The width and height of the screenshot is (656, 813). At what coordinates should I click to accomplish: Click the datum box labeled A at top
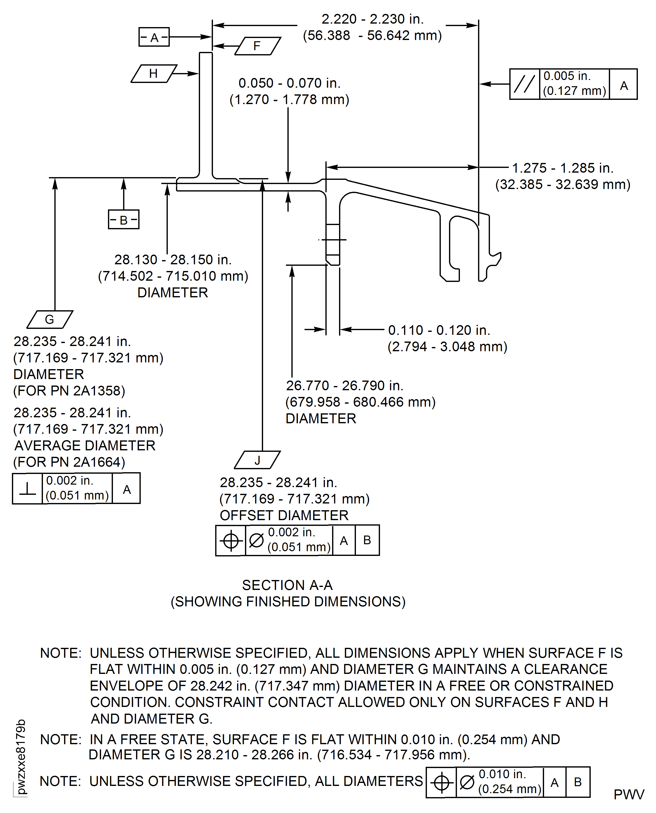point(154,37)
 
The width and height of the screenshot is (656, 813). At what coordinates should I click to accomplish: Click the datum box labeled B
point(124,220)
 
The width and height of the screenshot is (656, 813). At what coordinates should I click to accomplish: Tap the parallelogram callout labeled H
point(153,73)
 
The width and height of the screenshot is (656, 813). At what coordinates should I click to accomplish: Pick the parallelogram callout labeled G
point(49,319)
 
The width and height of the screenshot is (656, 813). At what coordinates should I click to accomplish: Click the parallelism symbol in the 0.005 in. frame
point(524,84)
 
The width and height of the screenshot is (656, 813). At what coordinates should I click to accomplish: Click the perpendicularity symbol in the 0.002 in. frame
point(27,488)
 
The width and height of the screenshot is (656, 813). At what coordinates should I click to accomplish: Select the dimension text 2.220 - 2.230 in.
point(372,19)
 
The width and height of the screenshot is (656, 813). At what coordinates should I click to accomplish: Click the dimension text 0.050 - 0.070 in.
point(289,83)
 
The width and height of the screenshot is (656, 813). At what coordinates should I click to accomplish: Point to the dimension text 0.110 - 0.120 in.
point(439,330)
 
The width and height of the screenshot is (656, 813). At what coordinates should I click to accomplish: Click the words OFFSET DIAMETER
point(284,515)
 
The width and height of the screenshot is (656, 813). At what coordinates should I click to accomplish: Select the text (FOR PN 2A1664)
point(69,462)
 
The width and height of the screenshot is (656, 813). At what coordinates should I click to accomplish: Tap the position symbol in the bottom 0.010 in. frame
point(441,782)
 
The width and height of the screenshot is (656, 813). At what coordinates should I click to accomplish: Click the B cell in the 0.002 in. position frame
point(367,540)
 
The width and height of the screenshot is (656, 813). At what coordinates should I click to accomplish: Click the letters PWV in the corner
point(628,794)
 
